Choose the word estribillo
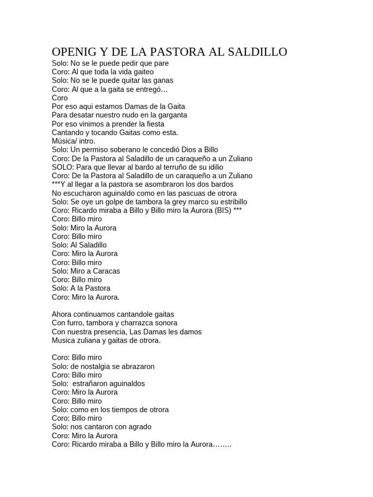(x=229, y=201)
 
